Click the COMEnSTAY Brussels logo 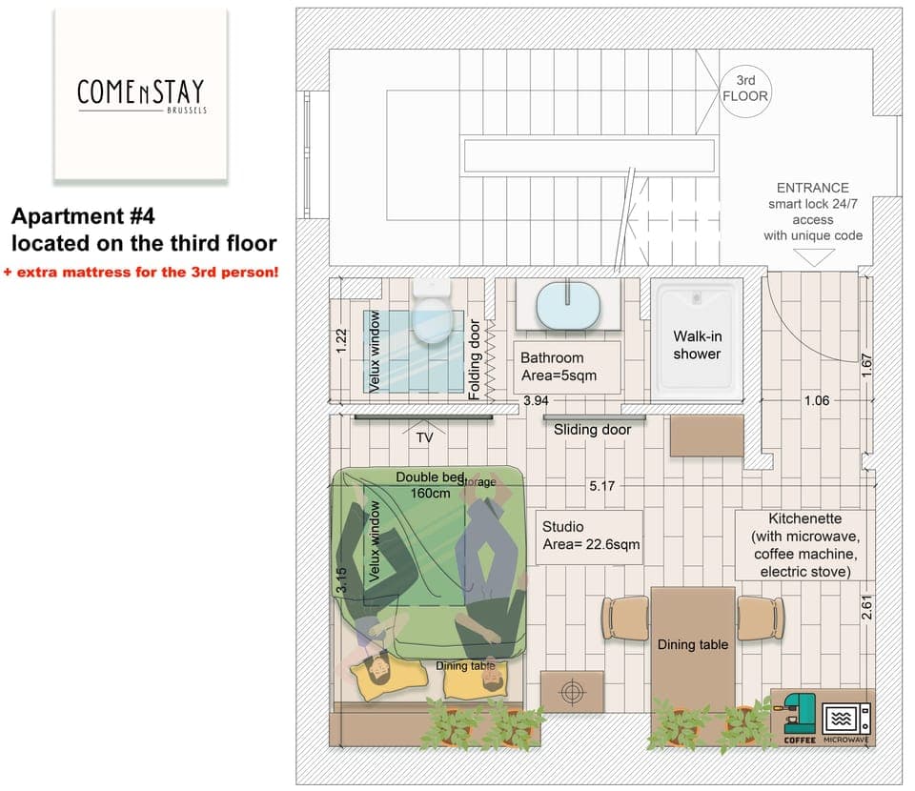click(140, 94)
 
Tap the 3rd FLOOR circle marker click(745, 89)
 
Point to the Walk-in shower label click(697, 345)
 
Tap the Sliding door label click(593, 430)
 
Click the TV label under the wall click(424, 438)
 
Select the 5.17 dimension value click(602, 486)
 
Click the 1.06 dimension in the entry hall click(816, 401)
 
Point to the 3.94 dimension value click(535, 401)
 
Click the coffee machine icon click(799, 715)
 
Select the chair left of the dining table click(626, 617)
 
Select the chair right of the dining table click(761, 617)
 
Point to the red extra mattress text click(141, 273)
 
